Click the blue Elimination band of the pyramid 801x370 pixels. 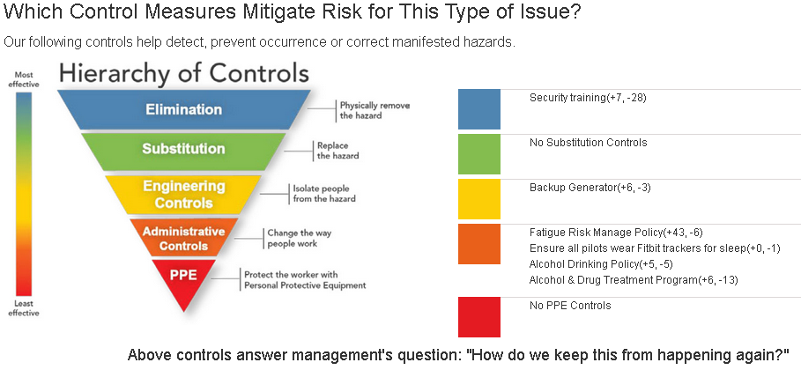pyautogui.click(x=183, y=109)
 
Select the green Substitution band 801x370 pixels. pyautogui.click(x=183, y=152)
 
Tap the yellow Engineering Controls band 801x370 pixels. pyautogui.click(x=183, y=195)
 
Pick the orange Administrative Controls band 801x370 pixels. pyautogui.click(x=183, y=238)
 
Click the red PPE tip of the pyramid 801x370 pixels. pyautogui.click(x=183, y=281)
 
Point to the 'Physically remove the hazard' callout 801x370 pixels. pyautogui.click(x=375, y=110)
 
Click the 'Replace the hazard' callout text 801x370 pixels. pyautogui.click(x=337, y=151)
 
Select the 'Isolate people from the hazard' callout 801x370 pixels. pyautogui.click(x=324, y=193)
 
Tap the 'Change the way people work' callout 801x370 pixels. pyautogui.click(x=299, y=238)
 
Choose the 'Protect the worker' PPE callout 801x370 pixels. pyautogui.click(x=305, y=280)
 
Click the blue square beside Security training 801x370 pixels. pyautogui.click(x=479, y=109)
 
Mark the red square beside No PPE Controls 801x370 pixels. pyautogui.click(x=479, y=317)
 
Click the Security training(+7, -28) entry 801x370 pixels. pyautogui.click(x=588, y=98)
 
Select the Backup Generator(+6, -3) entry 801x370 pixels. pyautogui.click(x=590, y=188)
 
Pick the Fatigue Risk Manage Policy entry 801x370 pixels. pyautogui.click(x=616, y=233)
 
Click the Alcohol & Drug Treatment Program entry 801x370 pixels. pyautogui.click(x=634, y=280)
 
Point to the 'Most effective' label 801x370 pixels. pyautogui.click(x=24, y=79)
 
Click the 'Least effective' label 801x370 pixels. pyautogui.click(x=24, y=308)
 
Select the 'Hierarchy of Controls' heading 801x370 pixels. pyautogui.click(x=184, y=73)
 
